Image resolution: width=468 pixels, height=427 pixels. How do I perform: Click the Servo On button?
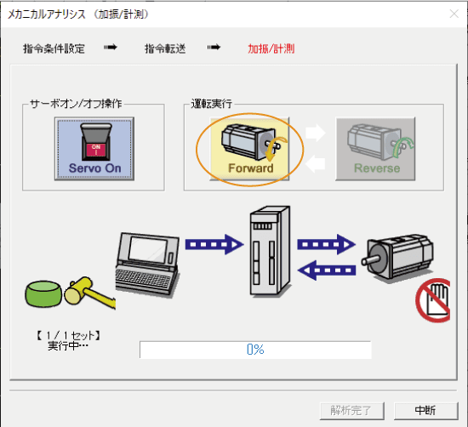click(x=94, y=149)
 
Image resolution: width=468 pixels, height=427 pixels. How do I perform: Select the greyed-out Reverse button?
click(x=375, y=149)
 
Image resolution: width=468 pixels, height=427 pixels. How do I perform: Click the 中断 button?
click(x=426, y=411)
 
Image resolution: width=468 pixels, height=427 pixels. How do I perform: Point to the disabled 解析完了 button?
click(x=351, y=411)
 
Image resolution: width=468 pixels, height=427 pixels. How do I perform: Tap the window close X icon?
click(x=454, y=14)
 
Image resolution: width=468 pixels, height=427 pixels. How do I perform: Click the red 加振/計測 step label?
click(x=271, y=48)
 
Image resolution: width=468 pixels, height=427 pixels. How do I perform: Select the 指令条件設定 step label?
click(x=54, y=48)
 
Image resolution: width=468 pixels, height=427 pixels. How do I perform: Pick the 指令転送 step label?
click(x=165, y=48)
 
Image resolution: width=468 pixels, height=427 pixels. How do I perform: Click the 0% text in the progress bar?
click(x=255, y=349)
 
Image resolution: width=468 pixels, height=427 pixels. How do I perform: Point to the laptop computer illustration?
click(x=147, y=265)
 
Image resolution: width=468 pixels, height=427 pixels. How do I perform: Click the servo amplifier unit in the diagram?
click(x=270, y=251)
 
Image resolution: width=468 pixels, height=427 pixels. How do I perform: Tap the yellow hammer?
click(x=89, y=293)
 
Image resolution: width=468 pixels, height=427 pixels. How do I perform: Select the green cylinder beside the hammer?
click(x=43, y=294)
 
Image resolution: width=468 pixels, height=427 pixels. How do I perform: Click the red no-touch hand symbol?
click(x=433, y=300)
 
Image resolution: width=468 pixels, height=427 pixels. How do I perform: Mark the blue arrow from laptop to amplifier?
click(x=214, y=244)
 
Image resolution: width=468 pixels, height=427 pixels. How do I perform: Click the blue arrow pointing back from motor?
click(x=327, y=270)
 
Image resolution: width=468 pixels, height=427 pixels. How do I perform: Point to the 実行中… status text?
click(x=68, y=346)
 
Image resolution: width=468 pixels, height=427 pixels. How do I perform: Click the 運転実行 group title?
click(x=211, y=104)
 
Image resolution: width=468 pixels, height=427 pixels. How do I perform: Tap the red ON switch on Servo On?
click(x=96, y=149)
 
